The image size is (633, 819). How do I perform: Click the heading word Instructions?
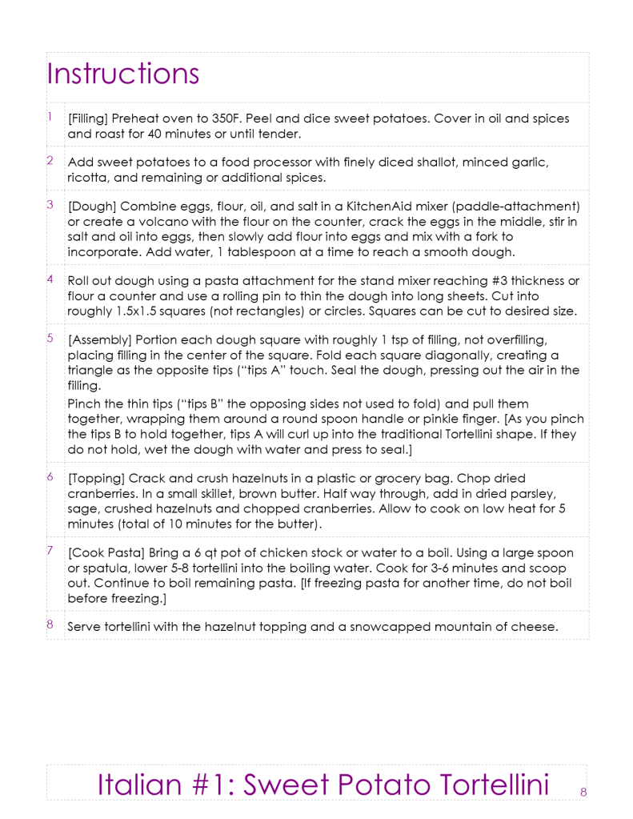coord(122,74)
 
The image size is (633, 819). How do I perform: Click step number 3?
coord(50,204)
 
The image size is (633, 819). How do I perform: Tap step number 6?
coord(50,477)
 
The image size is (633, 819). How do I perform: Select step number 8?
coord(50,624)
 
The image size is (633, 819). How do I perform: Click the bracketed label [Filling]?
coord(90,118)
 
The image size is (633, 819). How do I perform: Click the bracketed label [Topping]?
coord(97,479)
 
